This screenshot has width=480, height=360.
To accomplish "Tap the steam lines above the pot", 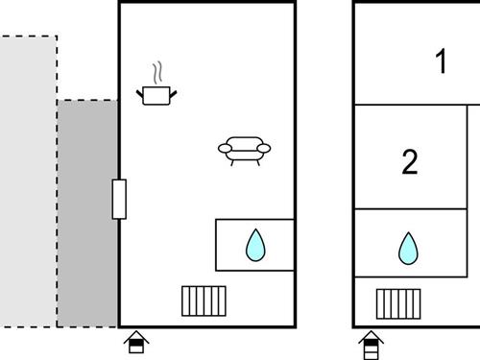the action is tap(157, 73).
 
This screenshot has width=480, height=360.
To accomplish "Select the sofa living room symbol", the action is tap(244, 151).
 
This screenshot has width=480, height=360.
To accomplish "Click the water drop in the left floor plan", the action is tap(255, 245).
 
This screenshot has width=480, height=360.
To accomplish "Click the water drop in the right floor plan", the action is tap(408, 249).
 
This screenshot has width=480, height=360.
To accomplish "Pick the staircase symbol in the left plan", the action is tap(204, 301).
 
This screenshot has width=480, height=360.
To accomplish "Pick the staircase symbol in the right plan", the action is tap(398, 304).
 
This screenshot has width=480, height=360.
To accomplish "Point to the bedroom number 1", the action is tap(442, 60).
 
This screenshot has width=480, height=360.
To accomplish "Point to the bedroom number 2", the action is tap(410, 161).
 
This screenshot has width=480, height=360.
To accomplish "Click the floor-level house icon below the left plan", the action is tap(136, 342).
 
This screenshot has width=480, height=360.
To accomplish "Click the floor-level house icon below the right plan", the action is tap(371, 345).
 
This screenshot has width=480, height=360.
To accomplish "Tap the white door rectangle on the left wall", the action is tap(119, 200).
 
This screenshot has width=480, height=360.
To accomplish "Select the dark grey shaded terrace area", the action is tap(87, 213).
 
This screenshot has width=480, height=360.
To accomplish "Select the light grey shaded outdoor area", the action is tap(28, 181).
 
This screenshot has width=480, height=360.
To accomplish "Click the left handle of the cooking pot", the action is tap(140, 95).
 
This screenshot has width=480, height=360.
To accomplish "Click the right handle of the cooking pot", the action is tap(173, 94).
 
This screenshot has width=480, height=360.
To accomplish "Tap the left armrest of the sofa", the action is tap(226, 148).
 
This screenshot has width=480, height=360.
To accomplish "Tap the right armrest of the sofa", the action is tap(264, 148).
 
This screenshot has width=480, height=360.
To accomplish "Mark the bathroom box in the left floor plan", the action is tap(254, 245).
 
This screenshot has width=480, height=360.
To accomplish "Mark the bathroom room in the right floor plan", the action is tap(411, 243).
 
